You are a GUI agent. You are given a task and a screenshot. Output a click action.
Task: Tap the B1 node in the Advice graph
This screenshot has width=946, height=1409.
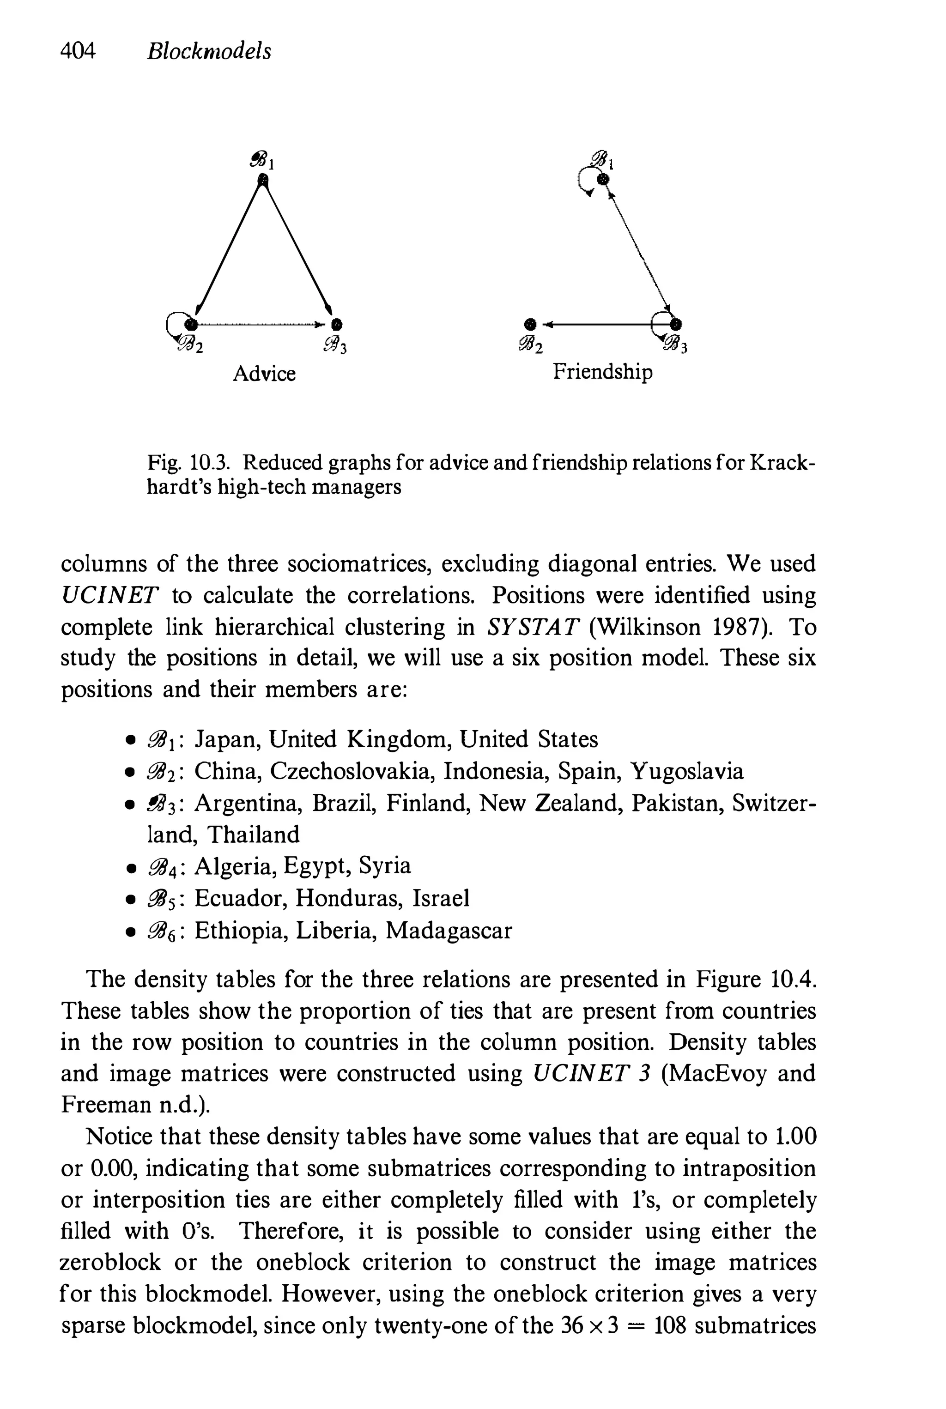coord(262,179)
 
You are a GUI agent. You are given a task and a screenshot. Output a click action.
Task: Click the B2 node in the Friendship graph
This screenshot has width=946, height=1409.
coord(530,324)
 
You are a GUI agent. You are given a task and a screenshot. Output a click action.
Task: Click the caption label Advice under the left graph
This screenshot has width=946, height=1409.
coord(264,374)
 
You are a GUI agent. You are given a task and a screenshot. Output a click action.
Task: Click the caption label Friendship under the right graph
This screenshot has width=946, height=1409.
coord(603,372)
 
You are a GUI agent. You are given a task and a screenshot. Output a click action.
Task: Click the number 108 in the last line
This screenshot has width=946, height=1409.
coord(670,1326)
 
